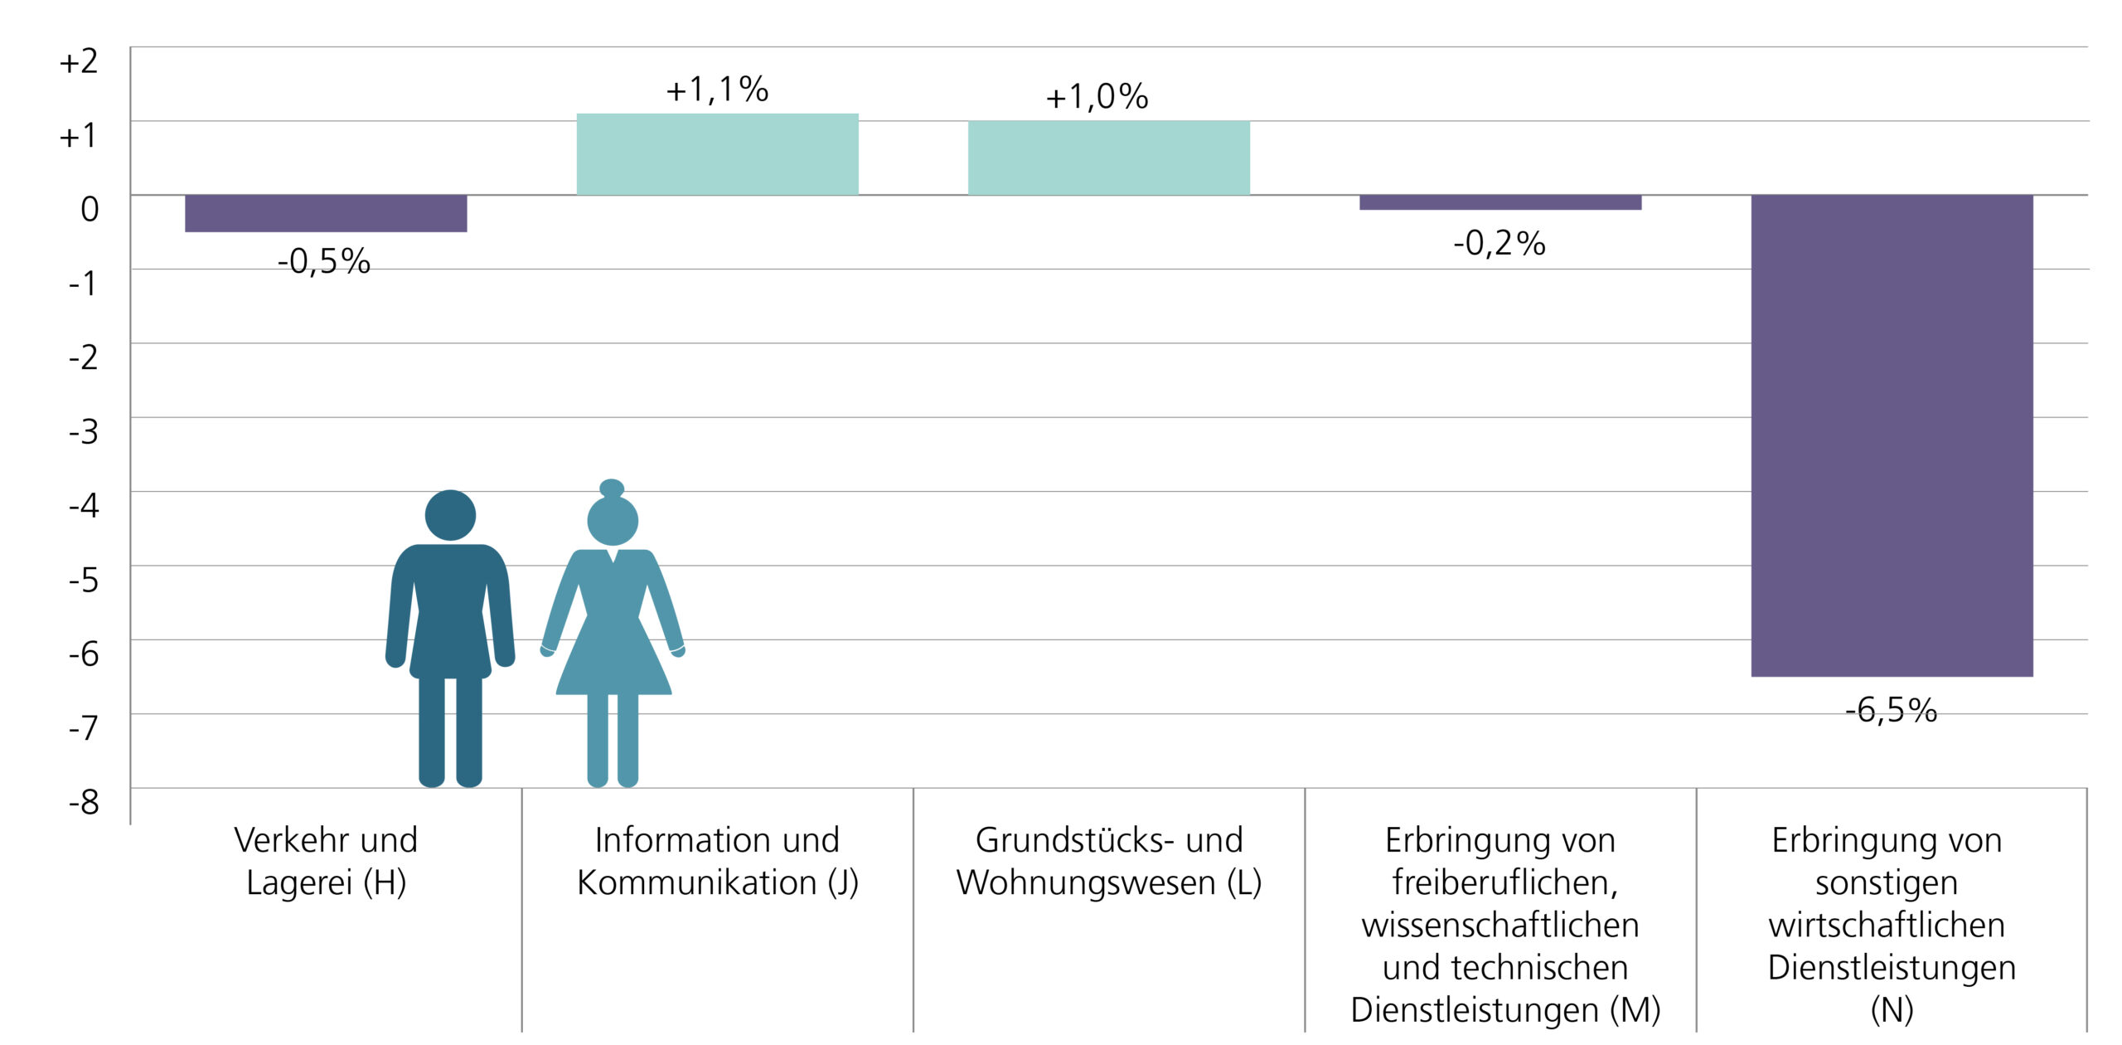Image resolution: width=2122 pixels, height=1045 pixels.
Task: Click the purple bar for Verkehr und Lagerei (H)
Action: point(326,213)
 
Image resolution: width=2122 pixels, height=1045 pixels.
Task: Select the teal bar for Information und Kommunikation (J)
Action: point(717,154)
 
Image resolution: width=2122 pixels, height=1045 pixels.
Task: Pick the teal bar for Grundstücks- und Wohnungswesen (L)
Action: point(1108,158)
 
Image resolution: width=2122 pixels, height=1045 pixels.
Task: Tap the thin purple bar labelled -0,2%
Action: point(1499,202)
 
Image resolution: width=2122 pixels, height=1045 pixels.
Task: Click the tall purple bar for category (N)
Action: point(1892,435)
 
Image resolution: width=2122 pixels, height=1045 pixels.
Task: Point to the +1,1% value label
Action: point(717,90)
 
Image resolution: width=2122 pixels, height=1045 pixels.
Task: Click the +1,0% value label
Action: point(1097,97)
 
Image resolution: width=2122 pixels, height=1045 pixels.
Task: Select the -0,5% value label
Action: point(323,261)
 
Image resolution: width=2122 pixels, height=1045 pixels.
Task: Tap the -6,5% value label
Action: point(1891,710)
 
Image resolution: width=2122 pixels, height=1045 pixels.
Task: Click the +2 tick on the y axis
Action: point(79,61)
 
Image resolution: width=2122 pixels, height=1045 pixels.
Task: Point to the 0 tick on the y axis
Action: point(90,209)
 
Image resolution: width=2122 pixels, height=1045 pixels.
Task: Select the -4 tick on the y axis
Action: point(84,505)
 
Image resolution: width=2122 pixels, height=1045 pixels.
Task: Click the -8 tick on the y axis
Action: point(84,802)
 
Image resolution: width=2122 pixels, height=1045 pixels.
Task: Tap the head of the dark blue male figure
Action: point(450,515)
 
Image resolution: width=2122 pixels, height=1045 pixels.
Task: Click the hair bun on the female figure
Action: point(612,488)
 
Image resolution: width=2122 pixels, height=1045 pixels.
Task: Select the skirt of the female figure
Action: point(613,663)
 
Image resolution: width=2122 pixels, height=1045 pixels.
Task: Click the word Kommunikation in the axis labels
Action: point(696,882)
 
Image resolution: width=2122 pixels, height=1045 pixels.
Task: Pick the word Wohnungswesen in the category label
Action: point(1086,882)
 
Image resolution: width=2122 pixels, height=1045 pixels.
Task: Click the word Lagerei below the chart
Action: point(299,882)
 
